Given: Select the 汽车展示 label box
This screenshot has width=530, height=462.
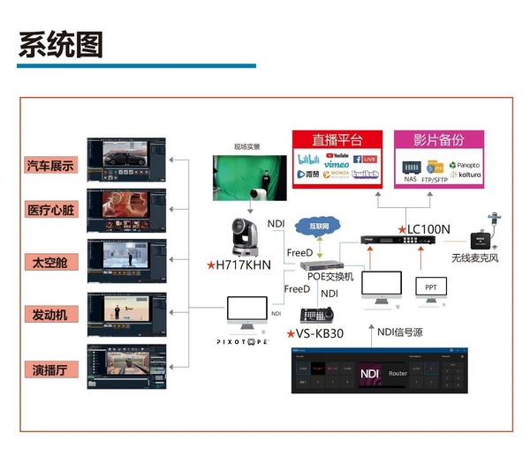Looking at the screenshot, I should pyautogui.click(x=51, y=165).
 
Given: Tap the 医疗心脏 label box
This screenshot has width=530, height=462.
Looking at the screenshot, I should pyautogui.click(x=51, y=210).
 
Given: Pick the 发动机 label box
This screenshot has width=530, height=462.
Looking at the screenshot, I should pyautogui.click(x=51, y=314).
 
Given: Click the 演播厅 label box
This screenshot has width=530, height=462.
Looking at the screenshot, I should pyautogui.click(x=51, y=369).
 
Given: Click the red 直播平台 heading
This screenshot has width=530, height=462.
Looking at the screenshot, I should pyautogui.click(x=337, y=140).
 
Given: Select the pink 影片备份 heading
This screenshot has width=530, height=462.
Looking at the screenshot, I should pyautogui.click(x=438, y=140).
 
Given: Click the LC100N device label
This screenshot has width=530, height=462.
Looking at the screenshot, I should pyautogui.click(x=428, y=229).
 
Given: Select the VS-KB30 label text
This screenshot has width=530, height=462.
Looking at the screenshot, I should pyautogui.click(x=317, y=334).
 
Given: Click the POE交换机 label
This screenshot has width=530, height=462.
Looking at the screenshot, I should pyautogui.click(x=329, y=276).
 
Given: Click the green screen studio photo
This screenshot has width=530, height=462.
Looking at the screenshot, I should pyautogui.click(x=249, y=178).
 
